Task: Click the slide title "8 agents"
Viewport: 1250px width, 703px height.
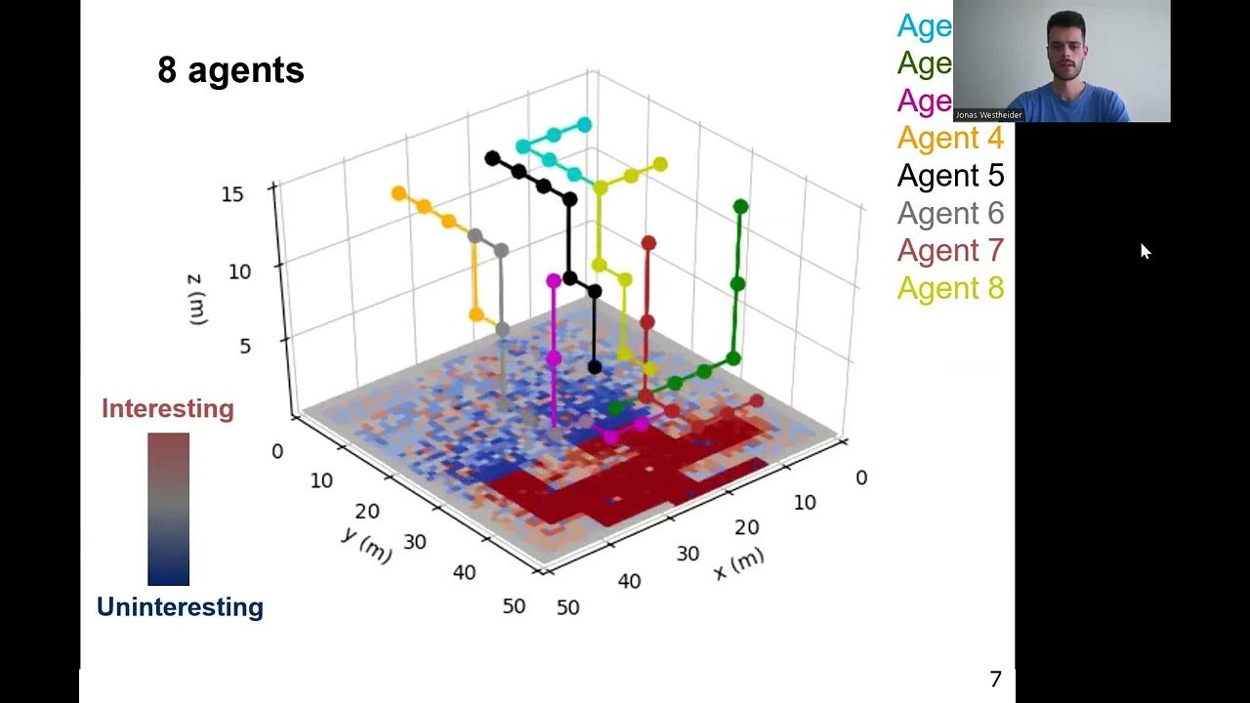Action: click(x=230, y=70)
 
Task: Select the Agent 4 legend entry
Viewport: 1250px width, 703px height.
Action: click(x=949, y=138)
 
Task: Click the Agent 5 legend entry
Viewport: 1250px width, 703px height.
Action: click(x=949, y=176)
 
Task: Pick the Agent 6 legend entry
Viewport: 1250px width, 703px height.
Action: click(x=949, y=213)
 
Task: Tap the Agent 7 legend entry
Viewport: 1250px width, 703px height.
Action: click(x=949, y=251)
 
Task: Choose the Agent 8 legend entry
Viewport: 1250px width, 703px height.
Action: click(x=949, y=288)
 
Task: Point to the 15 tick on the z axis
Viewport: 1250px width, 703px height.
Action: click(x=232, y=194)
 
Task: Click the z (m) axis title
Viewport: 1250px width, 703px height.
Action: click(x=196, y=299)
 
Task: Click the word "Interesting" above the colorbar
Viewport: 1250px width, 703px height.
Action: click(x=168, y=408)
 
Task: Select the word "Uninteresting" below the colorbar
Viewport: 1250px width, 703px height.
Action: click(x=180, y=607)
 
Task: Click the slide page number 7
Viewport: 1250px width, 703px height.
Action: click(x=995, y=680)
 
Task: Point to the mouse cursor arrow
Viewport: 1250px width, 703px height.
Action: click(x=1145, y=250)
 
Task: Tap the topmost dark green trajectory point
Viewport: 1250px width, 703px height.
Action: click(x=740, y=206)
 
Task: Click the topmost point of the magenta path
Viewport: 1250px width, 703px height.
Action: click(x=554, y=281)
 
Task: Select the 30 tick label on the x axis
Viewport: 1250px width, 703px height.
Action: click(x=687, y=554)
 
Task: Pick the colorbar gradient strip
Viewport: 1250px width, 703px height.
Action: click(x=168, y=509)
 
